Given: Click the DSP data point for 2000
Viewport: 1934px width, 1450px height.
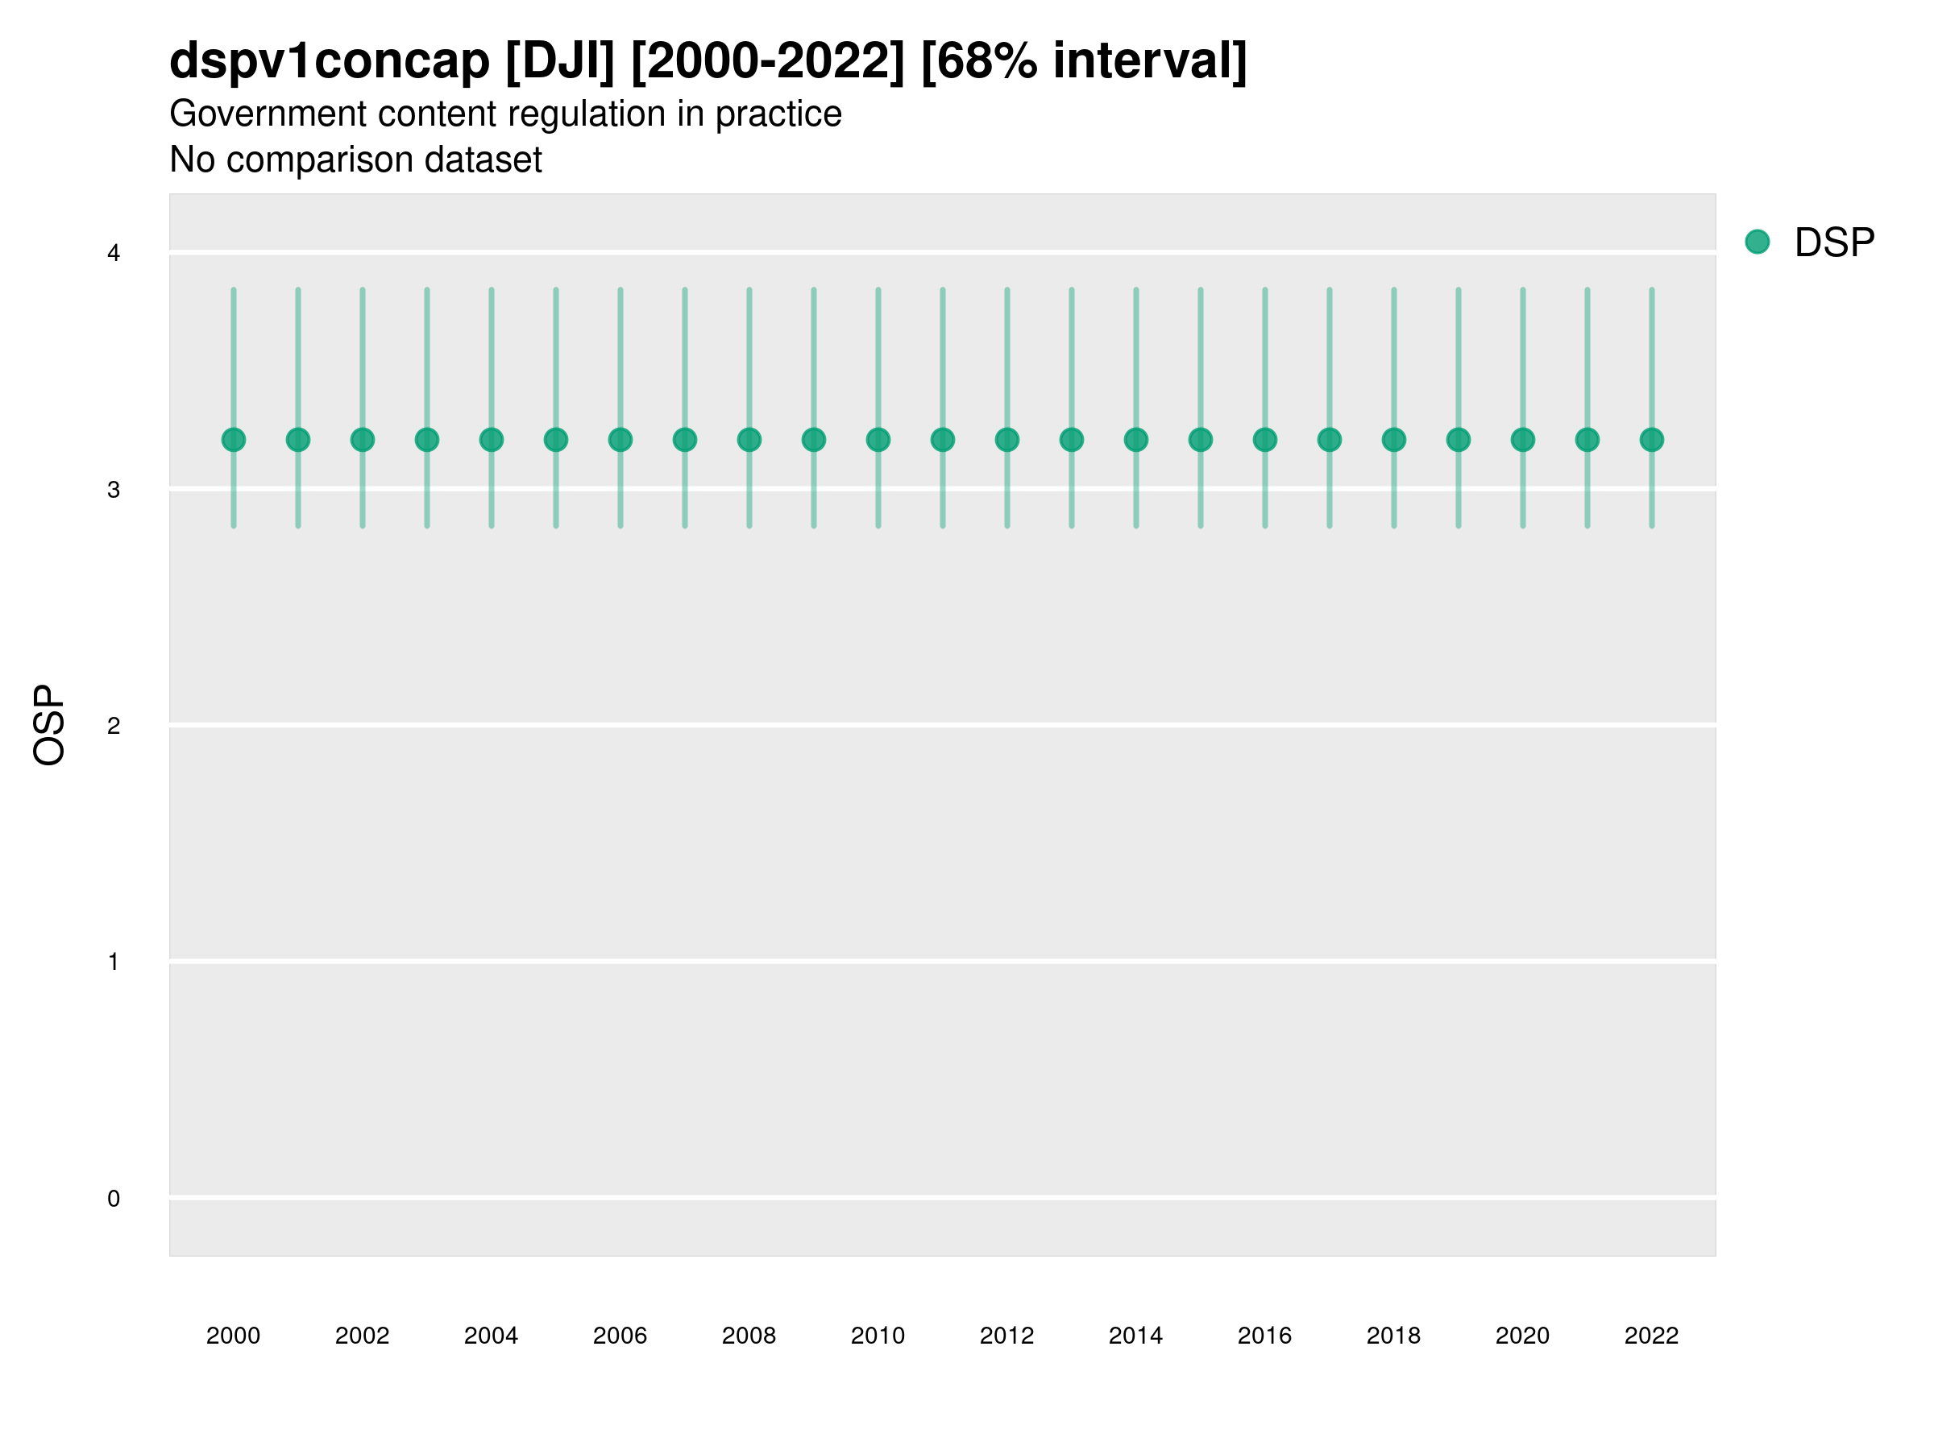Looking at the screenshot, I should (234, 440).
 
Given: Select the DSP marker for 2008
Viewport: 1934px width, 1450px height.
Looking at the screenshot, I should (749, 440).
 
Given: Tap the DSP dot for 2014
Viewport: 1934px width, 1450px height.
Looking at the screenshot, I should (1135, 440).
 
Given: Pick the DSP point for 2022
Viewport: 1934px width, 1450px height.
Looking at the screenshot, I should (1652, 440).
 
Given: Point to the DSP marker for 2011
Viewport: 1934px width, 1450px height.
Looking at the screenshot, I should (943, 440).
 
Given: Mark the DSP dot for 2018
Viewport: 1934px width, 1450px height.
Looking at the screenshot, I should (1393, 440).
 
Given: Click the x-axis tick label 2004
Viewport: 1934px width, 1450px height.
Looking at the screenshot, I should (492, 1336).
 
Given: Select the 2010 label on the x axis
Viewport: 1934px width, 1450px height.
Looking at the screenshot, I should (878, 1336).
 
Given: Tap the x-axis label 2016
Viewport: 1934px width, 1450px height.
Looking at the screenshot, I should (1264, 1336).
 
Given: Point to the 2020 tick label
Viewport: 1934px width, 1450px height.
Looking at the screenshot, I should (1522, 1336).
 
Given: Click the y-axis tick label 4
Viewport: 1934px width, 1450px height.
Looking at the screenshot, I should (114, 254).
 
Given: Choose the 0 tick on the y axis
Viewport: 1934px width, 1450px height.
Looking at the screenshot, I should (114, 1199).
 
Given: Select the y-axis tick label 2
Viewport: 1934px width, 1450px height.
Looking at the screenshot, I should (114, 726).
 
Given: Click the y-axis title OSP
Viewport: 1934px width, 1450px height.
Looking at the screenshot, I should (49, 726).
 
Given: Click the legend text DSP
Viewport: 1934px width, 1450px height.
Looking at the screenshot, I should (1834, 242).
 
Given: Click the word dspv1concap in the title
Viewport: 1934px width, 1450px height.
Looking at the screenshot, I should (330, 61).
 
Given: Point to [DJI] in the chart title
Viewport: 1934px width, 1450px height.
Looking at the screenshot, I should (560, 61).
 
